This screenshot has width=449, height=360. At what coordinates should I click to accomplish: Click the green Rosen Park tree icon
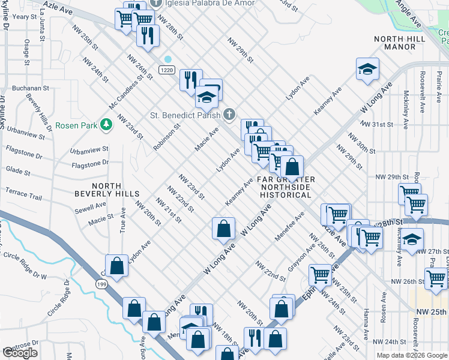click(106, 125)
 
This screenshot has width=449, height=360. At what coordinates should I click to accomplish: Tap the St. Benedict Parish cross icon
click(228, 114)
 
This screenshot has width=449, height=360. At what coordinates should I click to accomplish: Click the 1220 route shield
click(167, 70)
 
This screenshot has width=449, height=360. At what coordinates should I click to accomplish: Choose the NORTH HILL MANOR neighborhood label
click(399, 43)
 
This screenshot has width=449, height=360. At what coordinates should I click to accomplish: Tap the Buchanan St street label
click(29, 88)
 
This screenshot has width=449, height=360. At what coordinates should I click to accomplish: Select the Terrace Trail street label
click(23, 197)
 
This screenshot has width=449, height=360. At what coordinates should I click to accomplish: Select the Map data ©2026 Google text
click(411, 355)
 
